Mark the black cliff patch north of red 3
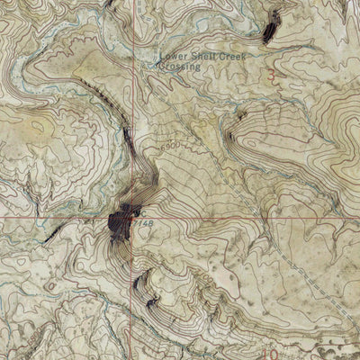(270, 32)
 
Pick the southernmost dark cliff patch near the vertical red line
(151, 304)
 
